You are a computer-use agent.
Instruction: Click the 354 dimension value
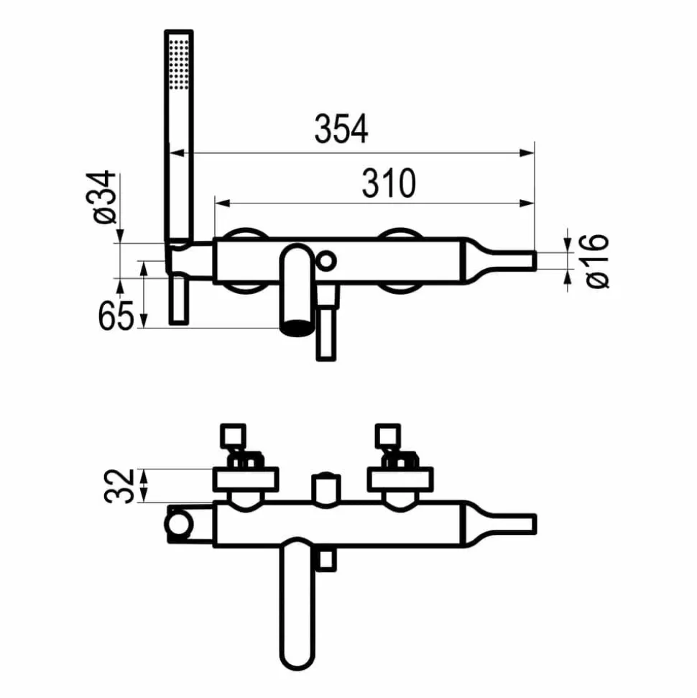click(x=341, y=129)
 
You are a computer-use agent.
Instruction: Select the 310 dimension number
click(x=389, y=183)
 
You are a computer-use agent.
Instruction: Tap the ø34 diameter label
click(x=105, y=197)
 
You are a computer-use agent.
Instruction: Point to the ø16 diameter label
click(x=597, y=262)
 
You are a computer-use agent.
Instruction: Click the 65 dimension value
click(x=116, y=316)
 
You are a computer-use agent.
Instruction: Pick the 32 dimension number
click(x=119, y=486)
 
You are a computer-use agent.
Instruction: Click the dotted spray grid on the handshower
click(x=178, y=65)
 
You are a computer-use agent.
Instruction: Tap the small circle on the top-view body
click(x=326, y=261)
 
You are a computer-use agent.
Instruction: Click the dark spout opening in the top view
click(x=297, y=328)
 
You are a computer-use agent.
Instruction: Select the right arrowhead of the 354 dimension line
click(x=527, y=153)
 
